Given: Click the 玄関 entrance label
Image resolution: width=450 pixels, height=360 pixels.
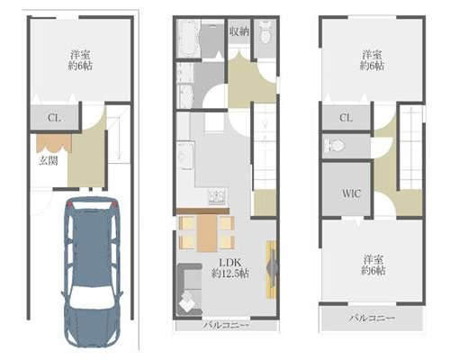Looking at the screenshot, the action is point(48,161).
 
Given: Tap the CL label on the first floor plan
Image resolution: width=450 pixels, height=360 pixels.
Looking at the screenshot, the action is point(54,118).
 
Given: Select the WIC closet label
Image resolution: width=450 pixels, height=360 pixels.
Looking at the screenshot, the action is point(351,193).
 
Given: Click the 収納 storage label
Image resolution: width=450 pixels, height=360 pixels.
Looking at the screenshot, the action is point(239,31).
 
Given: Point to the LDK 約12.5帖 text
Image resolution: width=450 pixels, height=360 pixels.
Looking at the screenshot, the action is point(229,268).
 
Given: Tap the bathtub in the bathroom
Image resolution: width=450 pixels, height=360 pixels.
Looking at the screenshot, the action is point(188,39).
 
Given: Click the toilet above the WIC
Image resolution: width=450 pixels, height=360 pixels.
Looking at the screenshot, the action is point(334,146).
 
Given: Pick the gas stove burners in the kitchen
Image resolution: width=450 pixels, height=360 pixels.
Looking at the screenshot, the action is point(217,197).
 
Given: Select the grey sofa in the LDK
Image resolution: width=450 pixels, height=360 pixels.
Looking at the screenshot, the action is point(189,289).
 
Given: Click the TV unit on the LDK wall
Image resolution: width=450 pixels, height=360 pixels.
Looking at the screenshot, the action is point(272,269).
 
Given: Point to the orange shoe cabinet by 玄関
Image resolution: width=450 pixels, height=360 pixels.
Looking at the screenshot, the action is point(54,143).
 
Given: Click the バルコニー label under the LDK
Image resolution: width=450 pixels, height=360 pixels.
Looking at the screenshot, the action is point(226,325).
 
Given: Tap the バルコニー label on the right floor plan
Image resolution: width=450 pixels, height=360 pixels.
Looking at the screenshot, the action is point(372,318).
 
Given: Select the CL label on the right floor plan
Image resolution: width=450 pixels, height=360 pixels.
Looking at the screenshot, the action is point(346,118).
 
